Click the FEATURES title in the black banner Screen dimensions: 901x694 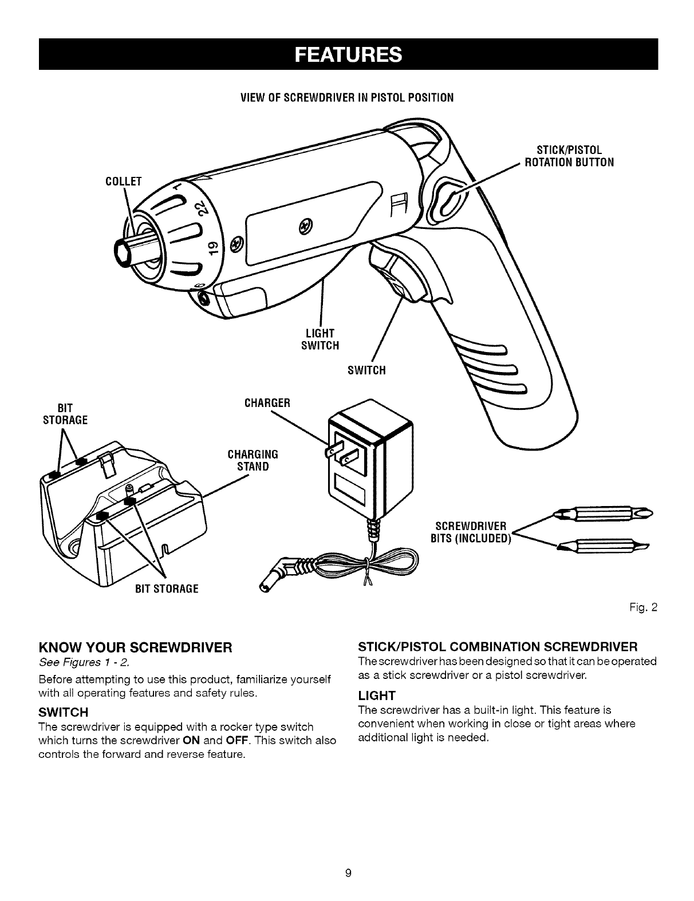click(348, 54)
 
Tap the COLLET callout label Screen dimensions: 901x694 click(124, 182)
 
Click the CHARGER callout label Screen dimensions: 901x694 click(267, 402)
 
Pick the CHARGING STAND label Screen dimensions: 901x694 click(253, 460)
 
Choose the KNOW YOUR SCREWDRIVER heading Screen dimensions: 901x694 click(135, 647)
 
